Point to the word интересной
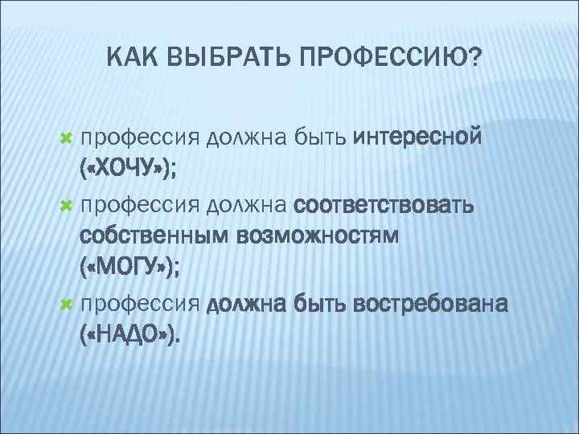coord(417,138)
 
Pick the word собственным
coord(155,237)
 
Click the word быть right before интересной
coord(319,138)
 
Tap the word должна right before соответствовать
coord(248,207)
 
